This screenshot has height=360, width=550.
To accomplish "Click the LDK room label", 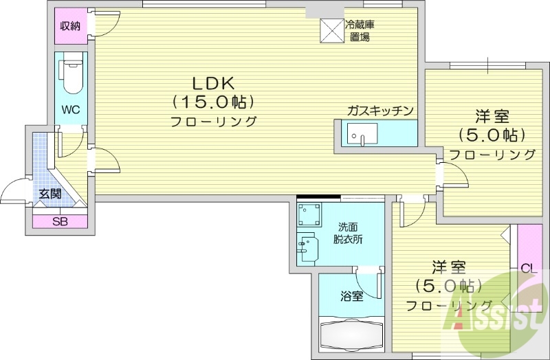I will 214,84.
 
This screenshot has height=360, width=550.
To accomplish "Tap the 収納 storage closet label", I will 70,27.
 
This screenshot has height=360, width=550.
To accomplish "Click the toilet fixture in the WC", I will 71,76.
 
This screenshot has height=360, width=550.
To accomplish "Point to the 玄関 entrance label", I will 49,194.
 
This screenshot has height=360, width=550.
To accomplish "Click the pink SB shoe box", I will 60,222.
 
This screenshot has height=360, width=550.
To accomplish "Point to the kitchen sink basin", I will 360,135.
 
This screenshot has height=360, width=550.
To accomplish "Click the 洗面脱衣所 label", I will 349,234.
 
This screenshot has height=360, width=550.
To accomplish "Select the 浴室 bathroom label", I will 352,297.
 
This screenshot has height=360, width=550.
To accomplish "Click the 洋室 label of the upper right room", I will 492,116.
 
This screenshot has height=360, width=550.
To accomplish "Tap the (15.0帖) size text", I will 214,102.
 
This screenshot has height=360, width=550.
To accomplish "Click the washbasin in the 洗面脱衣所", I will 307,247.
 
